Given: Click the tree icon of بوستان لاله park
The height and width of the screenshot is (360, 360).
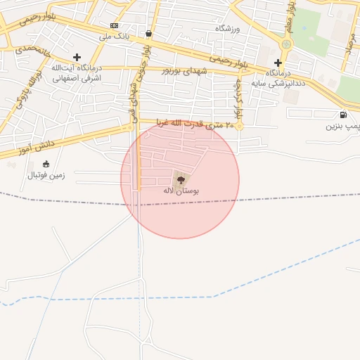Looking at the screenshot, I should (181, 180).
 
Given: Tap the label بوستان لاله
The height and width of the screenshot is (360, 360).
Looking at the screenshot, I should (181, 191).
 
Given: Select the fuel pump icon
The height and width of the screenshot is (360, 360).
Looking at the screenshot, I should (343, 115).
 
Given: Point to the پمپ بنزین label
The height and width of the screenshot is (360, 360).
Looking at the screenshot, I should (342, 126).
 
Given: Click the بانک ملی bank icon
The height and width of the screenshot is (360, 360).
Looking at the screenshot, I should (114, 25).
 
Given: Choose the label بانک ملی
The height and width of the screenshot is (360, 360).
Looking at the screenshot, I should (113, 36).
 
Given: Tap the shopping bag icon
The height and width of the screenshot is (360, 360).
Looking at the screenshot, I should (148, 33).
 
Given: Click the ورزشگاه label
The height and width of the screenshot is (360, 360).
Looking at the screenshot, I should (227, 28).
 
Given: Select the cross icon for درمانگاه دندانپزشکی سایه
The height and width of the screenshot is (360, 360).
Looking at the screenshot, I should (278, 63).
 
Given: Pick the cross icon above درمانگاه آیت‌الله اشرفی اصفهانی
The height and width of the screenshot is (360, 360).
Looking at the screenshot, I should (77, 57).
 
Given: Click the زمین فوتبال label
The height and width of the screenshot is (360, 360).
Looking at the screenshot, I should (46, 175).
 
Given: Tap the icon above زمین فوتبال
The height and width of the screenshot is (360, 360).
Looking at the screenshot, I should (46, 164).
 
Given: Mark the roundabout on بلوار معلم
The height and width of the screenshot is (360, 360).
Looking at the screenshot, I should (285, 44).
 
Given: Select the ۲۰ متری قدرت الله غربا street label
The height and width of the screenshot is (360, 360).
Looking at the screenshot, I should (188, 124).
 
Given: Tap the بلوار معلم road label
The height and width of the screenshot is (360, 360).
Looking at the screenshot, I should (290, 15).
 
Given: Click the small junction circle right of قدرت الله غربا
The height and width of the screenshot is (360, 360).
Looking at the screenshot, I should (239, 127).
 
